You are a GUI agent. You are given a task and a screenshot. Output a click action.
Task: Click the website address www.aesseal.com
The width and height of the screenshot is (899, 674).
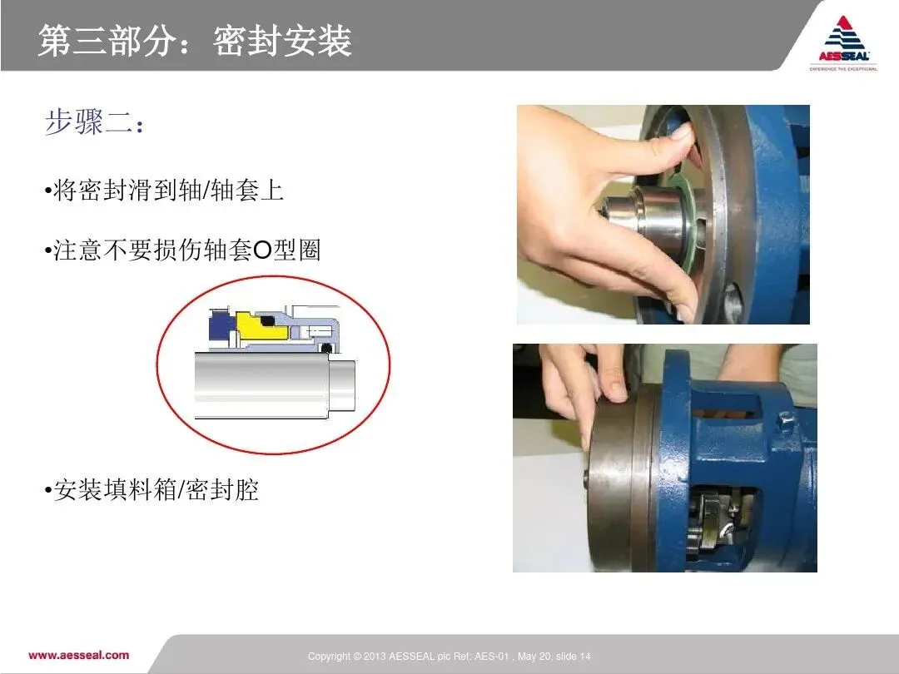[78, 655]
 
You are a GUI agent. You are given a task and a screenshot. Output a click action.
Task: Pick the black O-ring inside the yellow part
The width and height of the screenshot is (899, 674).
[266, 320]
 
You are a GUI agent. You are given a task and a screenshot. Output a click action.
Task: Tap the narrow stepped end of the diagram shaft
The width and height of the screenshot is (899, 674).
[342, 386]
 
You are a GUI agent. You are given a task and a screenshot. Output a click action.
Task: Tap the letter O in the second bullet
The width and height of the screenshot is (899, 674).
[261, 250]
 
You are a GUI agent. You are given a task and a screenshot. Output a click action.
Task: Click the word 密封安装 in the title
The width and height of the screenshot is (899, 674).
[283, 41]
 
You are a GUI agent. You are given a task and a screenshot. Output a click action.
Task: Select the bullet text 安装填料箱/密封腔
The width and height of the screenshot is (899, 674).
[156, 490]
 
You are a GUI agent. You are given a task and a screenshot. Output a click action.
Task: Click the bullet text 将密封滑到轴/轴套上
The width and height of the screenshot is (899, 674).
[168, 191]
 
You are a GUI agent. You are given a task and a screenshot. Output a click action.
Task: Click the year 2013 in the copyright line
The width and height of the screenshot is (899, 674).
[375, 657]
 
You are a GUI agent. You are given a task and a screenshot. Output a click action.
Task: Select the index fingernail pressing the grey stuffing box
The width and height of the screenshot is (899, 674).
[614, 391]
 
